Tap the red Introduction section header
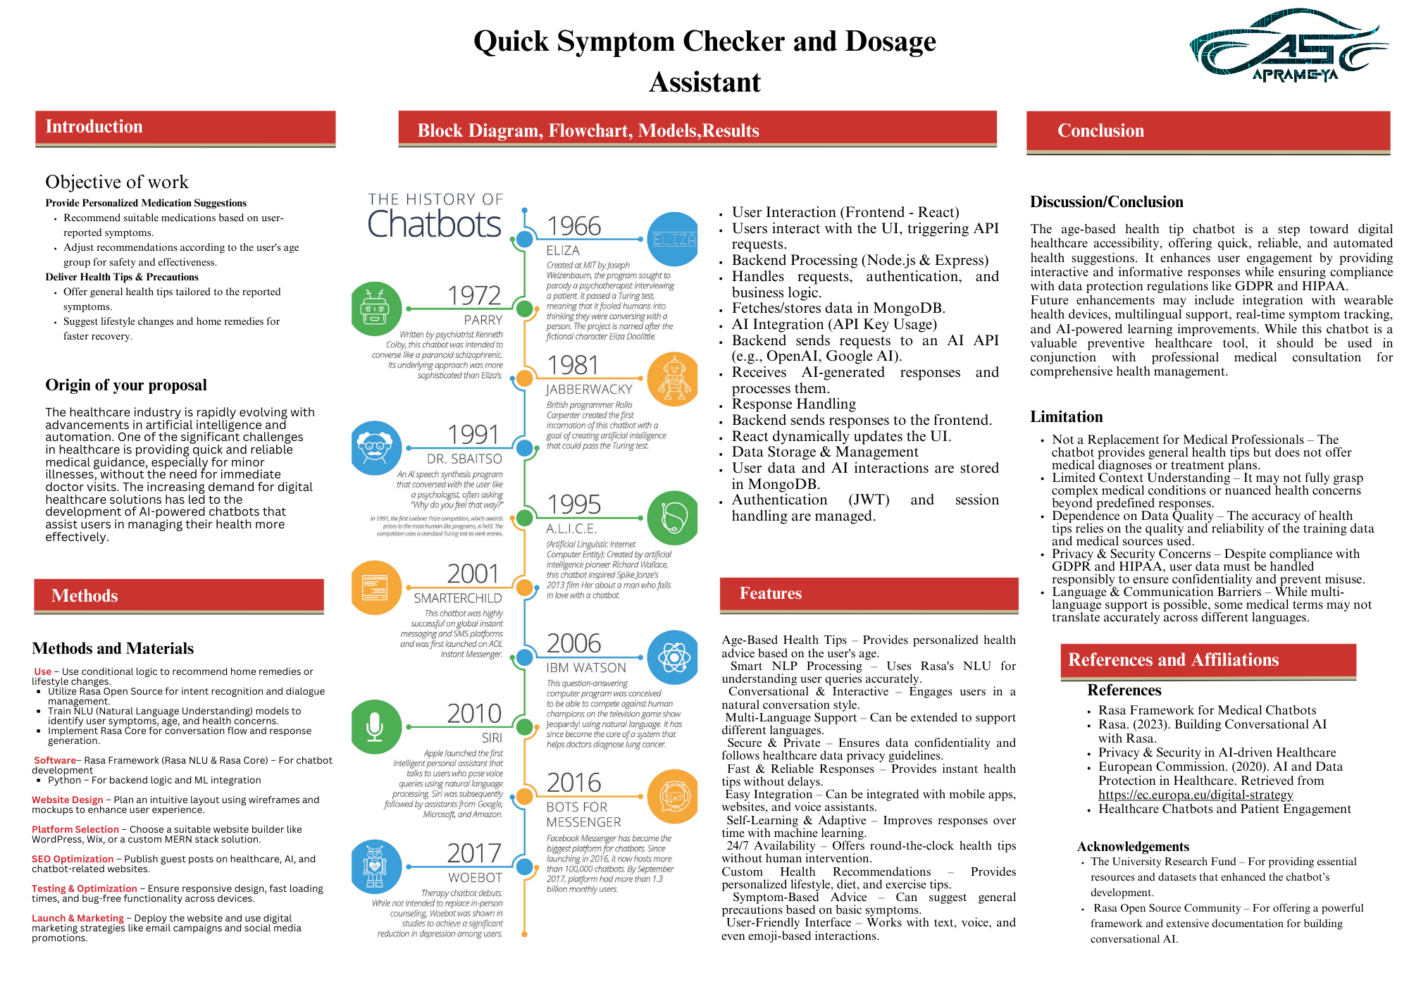coord(185,128)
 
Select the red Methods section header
coord(179,595)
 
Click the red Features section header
coord(869,594)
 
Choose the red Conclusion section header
coord(1208,131)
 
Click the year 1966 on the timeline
coord(574,226)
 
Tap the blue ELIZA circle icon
coord(673,240)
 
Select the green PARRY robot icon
coord(375,309)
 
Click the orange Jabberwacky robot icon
coord(673,379)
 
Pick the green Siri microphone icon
coord(375,726)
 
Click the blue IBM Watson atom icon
coord(673,657)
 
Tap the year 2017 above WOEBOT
coord(474,853)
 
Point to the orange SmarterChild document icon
coord(375,588)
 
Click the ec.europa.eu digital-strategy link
coord(1196,795)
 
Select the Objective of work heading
coord(117,182)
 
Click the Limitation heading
coord(1066,417)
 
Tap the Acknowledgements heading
coord(1132,847)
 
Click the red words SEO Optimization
coord(73,859)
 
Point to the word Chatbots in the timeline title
coord(435,224)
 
